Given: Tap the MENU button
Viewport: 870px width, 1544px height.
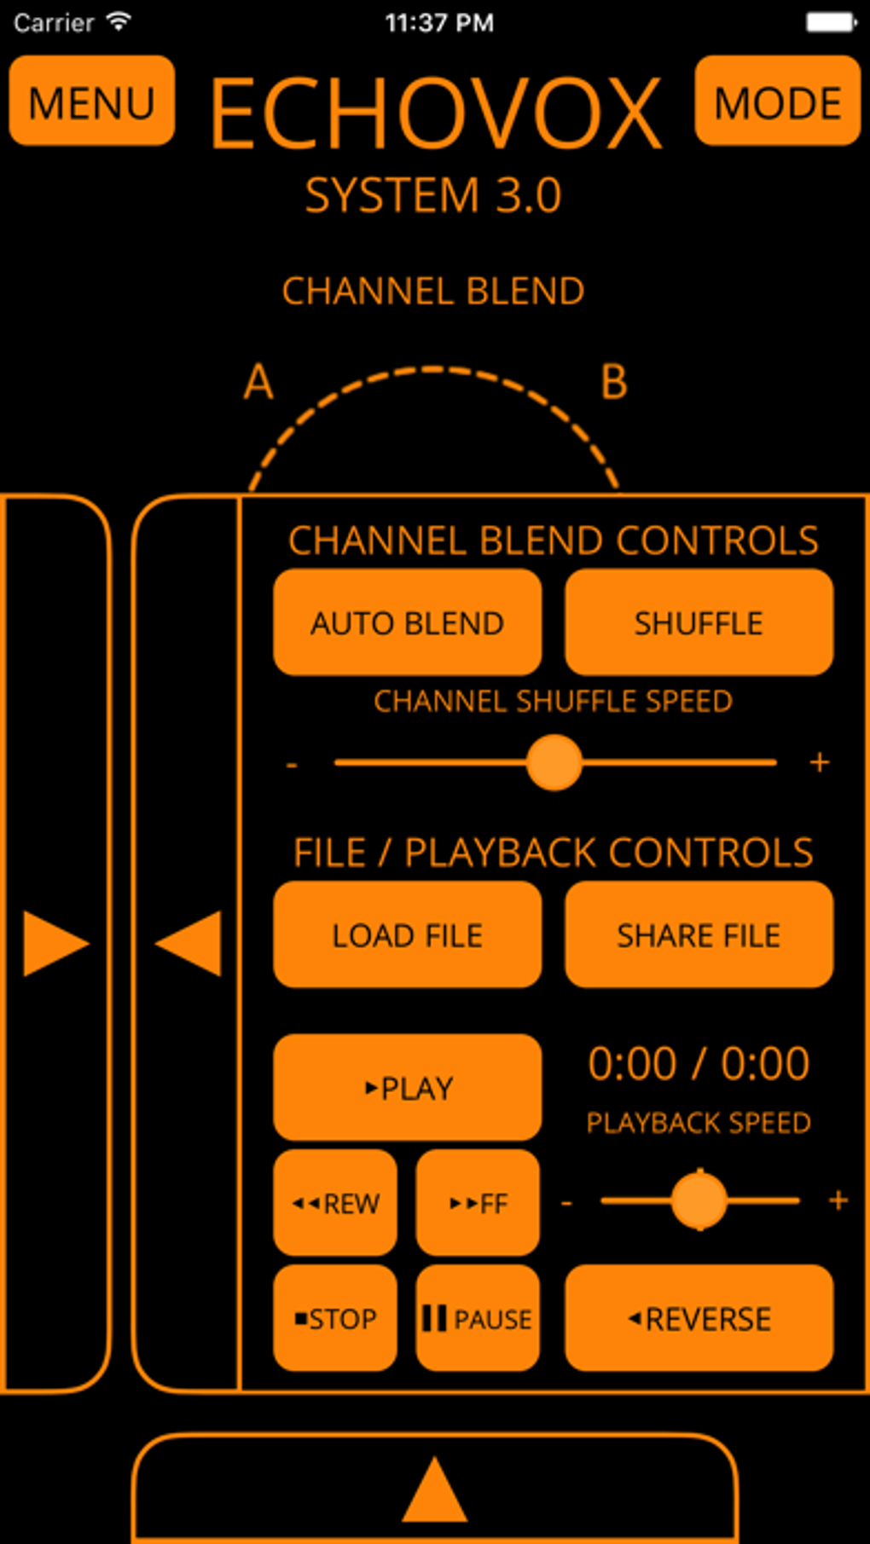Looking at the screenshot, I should tap(91, 101).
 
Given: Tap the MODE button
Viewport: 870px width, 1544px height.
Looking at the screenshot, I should tap(777, 101).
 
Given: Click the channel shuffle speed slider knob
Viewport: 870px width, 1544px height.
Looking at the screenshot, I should tap(554, 762).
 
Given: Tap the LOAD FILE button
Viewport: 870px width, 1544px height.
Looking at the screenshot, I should tap(407, 935).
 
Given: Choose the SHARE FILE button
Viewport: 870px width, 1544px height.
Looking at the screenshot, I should tap(699, 935).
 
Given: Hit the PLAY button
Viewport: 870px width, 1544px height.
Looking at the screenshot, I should tap(407, 1088).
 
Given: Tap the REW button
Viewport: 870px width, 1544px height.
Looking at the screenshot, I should tap(335, 1203).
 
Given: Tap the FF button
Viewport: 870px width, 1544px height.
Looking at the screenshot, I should tap(478, 1203).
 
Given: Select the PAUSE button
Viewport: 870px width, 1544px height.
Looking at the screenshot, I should tap(478, 1319).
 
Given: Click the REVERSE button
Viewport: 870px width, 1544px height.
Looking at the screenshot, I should tap(699, 1319).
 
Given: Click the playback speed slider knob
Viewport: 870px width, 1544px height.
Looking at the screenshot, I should tap(699, 1200).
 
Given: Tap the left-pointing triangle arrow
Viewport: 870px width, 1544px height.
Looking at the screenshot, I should tap(189, 943).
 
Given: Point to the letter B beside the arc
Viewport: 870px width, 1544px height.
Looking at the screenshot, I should tap(614, 382).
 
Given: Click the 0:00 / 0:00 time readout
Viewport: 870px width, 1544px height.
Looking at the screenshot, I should tap(699, 1064).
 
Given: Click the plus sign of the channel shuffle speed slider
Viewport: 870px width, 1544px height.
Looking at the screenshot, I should tap(820, 762).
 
